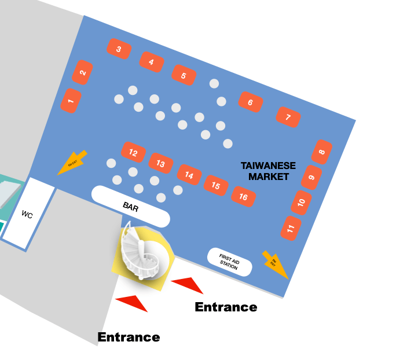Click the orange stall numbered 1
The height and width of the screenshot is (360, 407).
(71, 101)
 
